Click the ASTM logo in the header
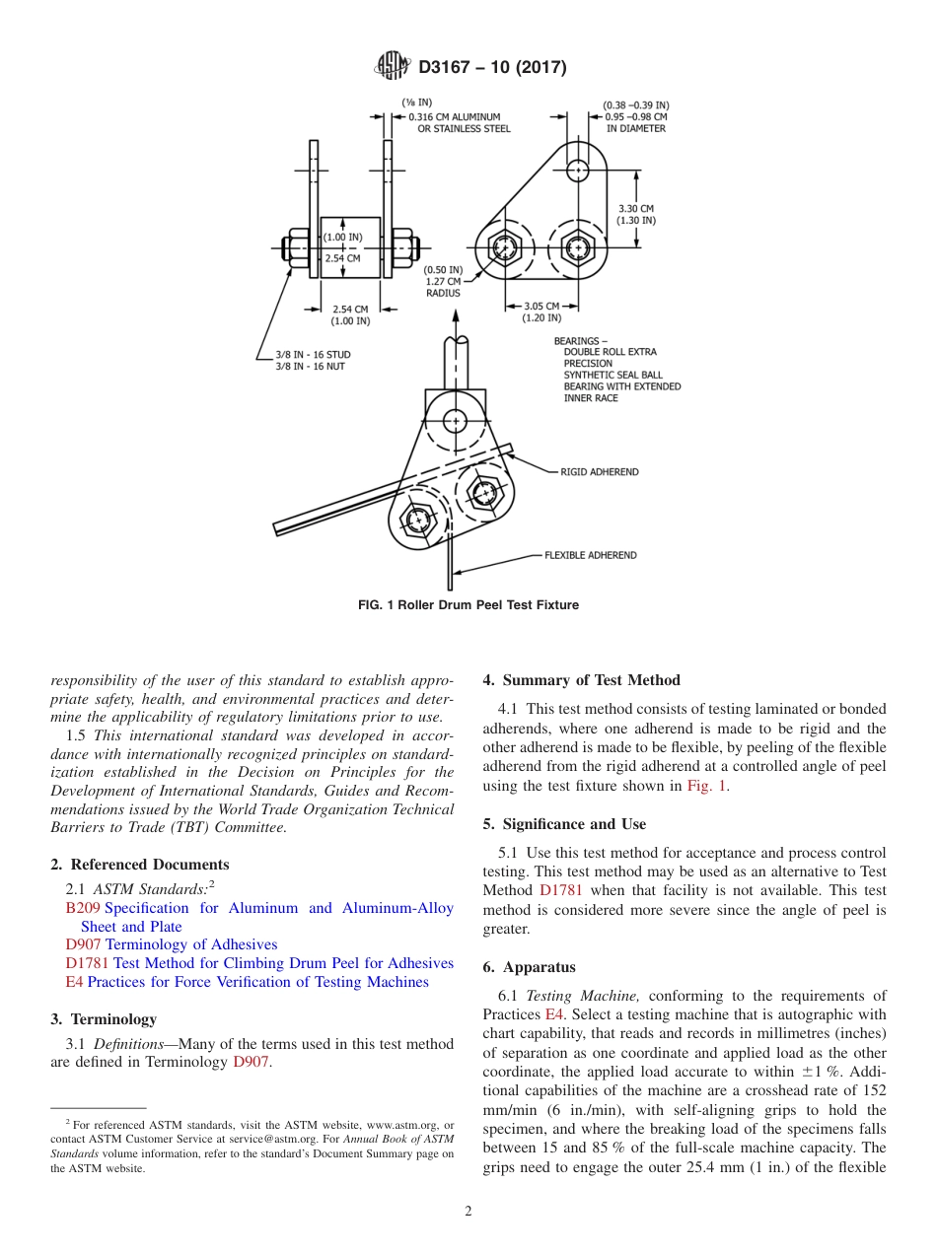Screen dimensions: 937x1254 392,67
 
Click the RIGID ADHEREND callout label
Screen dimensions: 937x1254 599,472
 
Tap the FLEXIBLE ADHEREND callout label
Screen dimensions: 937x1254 590,555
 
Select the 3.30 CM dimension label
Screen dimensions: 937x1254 635,209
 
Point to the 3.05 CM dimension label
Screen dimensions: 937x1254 541,306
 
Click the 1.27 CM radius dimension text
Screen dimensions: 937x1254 443,281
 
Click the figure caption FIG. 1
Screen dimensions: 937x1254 468,605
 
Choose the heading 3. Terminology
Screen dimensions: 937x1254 103,1019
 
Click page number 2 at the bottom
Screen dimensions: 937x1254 468,1212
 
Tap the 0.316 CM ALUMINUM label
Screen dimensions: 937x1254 454,117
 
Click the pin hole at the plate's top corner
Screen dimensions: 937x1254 577,170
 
